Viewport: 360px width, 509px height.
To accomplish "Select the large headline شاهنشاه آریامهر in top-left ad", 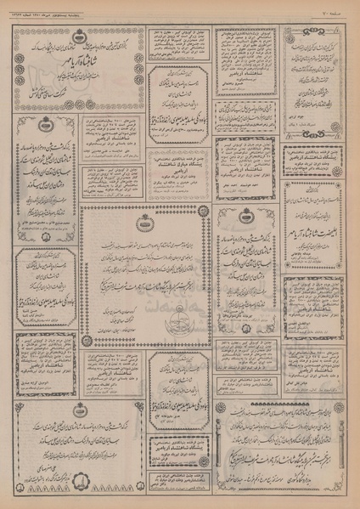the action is point(81,61).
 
